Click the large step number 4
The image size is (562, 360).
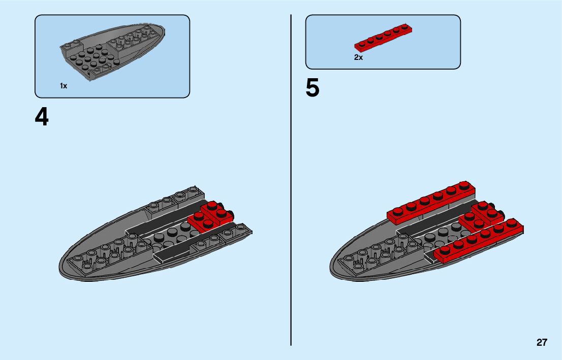(42, 117)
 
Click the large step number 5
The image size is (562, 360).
(313, 88)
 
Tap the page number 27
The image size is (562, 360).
(542, 343)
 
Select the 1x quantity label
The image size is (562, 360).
(64, 86)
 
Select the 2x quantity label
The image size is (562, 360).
(359, 58)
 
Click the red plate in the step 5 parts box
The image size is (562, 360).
(383, 37)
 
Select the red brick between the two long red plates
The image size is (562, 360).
(480, 216)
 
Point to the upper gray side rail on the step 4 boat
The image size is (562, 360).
(175, 200)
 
